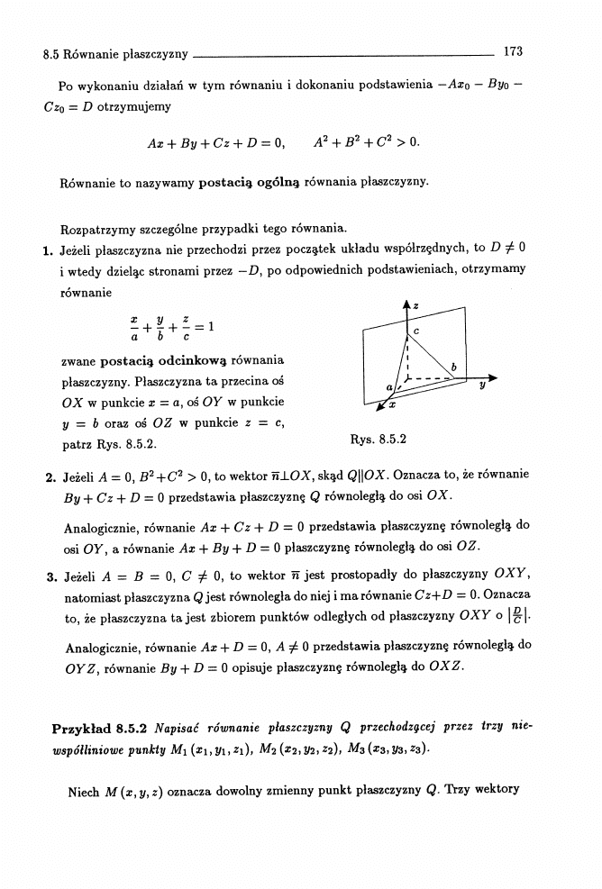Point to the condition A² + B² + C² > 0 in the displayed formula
click(366, 142)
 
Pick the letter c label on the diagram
click(417, 332)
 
